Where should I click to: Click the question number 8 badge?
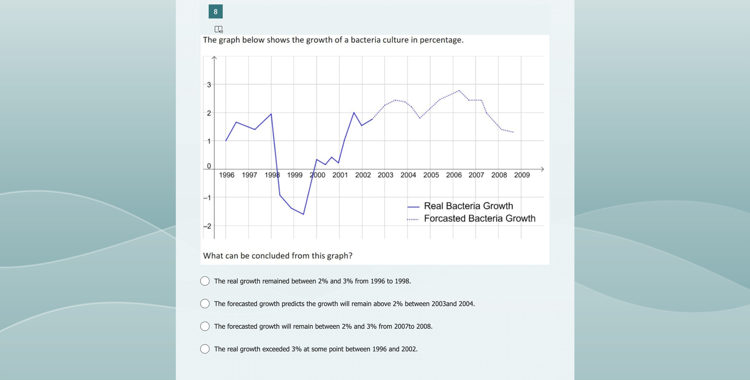[215, 12]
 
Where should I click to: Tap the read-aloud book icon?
[218, 29]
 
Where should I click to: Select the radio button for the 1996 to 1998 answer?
[205, 281]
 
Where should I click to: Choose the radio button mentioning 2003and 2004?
[205, 304]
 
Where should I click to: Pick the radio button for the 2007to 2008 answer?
[205, 326]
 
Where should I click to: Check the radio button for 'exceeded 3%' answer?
[205, 349]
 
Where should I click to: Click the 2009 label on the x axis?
[522, 175]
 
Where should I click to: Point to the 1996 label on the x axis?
[227, 175]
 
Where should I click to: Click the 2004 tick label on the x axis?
[408, 175]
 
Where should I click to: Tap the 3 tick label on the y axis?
[209, 85]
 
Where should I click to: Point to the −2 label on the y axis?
[207, 226]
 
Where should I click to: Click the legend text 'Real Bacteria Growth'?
[468, 206]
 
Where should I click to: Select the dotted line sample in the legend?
[413, 219]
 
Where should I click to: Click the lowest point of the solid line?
[303, 214]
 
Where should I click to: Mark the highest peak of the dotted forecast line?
[459, 91]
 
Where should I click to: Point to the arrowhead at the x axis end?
[542, 169]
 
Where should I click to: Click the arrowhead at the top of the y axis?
[214, 58]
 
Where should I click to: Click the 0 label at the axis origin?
[209, 166]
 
